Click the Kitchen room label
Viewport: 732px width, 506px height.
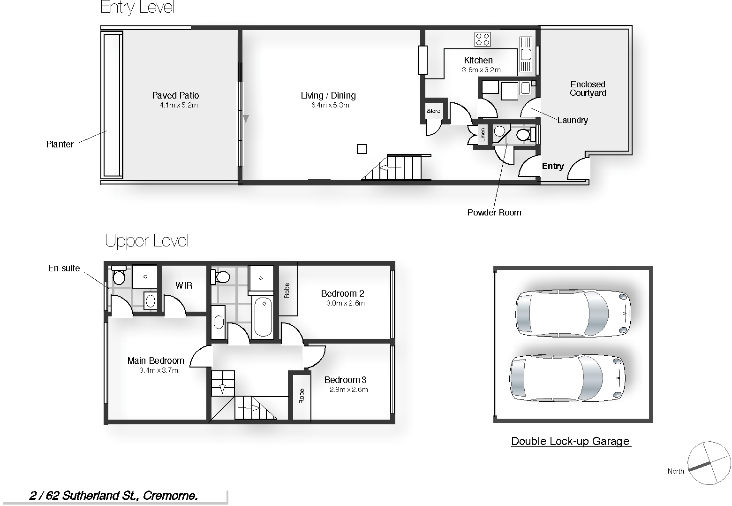pos(478,60)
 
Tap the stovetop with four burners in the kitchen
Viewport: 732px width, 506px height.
pos(482,39)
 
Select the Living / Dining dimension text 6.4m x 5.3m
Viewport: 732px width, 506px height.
pos(330,105)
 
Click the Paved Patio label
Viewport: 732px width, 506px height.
pos(175,95)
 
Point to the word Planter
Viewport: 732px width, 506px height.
pos(60,144)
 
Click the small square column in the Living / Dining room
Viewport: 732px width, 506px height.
pos(362,149)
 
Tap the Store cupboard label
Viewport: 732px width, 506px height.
pos(433,111)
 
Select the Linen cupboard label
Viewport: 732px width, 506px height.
pos(483,135)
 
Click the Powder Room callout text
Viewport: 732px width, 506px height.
pos(494,212)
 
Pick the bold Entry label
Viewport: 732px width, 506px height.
pos(552,166)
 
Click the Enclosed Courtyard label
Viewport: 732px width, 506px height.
pos(588,89)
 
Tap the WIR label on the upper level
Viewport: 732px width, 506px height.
pos(184,285)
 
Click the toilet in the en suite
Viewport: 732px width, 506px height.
pos(119,276)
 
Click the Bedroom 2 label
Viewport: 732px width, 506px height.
pos(342,293)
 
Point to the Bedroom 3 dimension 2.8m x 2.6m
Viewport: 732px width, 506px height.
pos(348,389)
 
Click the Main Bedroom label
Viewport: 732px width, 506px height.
pos(156,360)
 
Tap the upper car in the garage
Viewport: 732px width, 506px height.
pos(573,314)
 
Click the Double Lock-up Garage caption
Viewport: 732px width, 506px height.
pos(570,441)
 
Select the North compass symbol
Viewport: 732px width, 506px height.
pos(709,463)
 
